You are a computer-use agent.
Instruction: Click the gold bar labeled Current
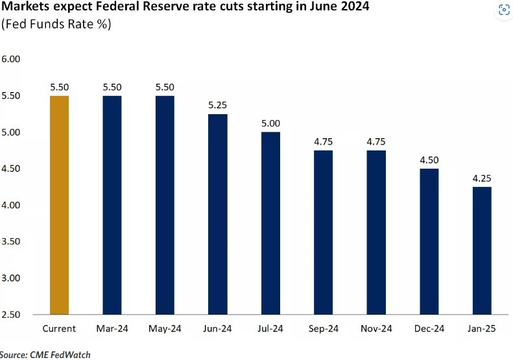click(x=59, y=205)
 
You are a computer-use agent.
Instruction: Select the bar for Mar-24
click(x=112, y=205)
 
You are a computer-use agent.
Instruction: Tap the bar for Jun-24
click(x=217, y=214)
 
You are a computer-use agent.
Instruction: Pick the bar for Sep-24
click(x=323, y=232)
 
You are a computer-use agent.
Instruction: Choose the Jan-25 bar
click(x=481, y=250)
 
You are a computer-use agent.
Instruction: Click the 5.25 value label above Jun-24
click(x=217, y=105)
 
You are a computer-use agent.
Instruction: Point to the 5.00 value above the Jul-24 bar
click(x=270, y=123)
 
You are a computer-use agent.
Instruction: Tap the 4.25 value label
click(x=481, y=178)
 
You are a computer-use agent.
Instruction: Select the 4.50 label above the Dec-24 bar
click(x=429, y=160)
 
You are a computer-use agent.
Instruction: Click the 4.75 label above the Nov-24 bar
click(x=376, y=141)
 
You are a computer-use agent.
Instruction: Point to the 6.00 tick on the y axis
click(x=12, y=59)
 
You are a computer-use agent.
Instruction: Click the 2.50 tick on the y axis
click(x=12, y=315)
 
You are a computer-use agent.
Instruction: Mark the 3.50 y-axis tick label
click(x=12, y=241)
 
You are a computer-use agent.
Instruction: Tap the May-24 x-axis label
click(x=165, y=329)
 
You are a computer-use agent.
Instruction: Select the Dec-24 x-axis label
click(x=429, y=329)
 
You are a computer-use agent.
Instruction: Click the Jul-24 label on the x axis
click(x=270, y=329)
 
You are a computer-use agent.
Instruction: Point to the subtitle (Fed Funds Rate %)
click(x=56, y=25)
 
